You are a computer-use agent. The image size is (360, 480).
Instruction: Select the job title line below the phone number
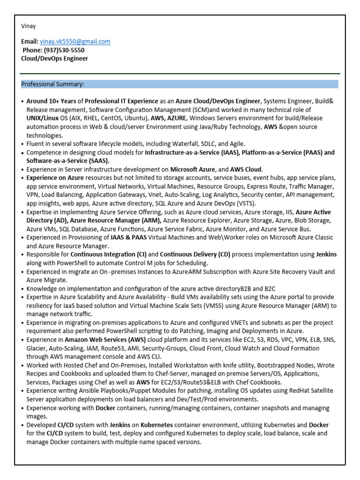point(54,59)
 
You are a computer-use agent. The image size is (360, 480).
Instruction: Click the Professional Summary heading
point(53,84)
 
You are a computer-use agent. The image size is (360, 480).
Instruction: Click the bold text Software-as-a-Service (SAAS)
point(65,161)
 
